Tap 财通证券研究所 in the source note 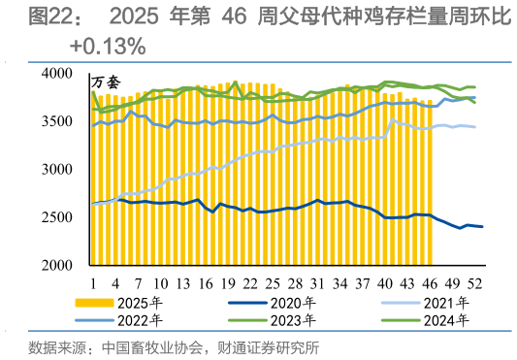275,347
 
